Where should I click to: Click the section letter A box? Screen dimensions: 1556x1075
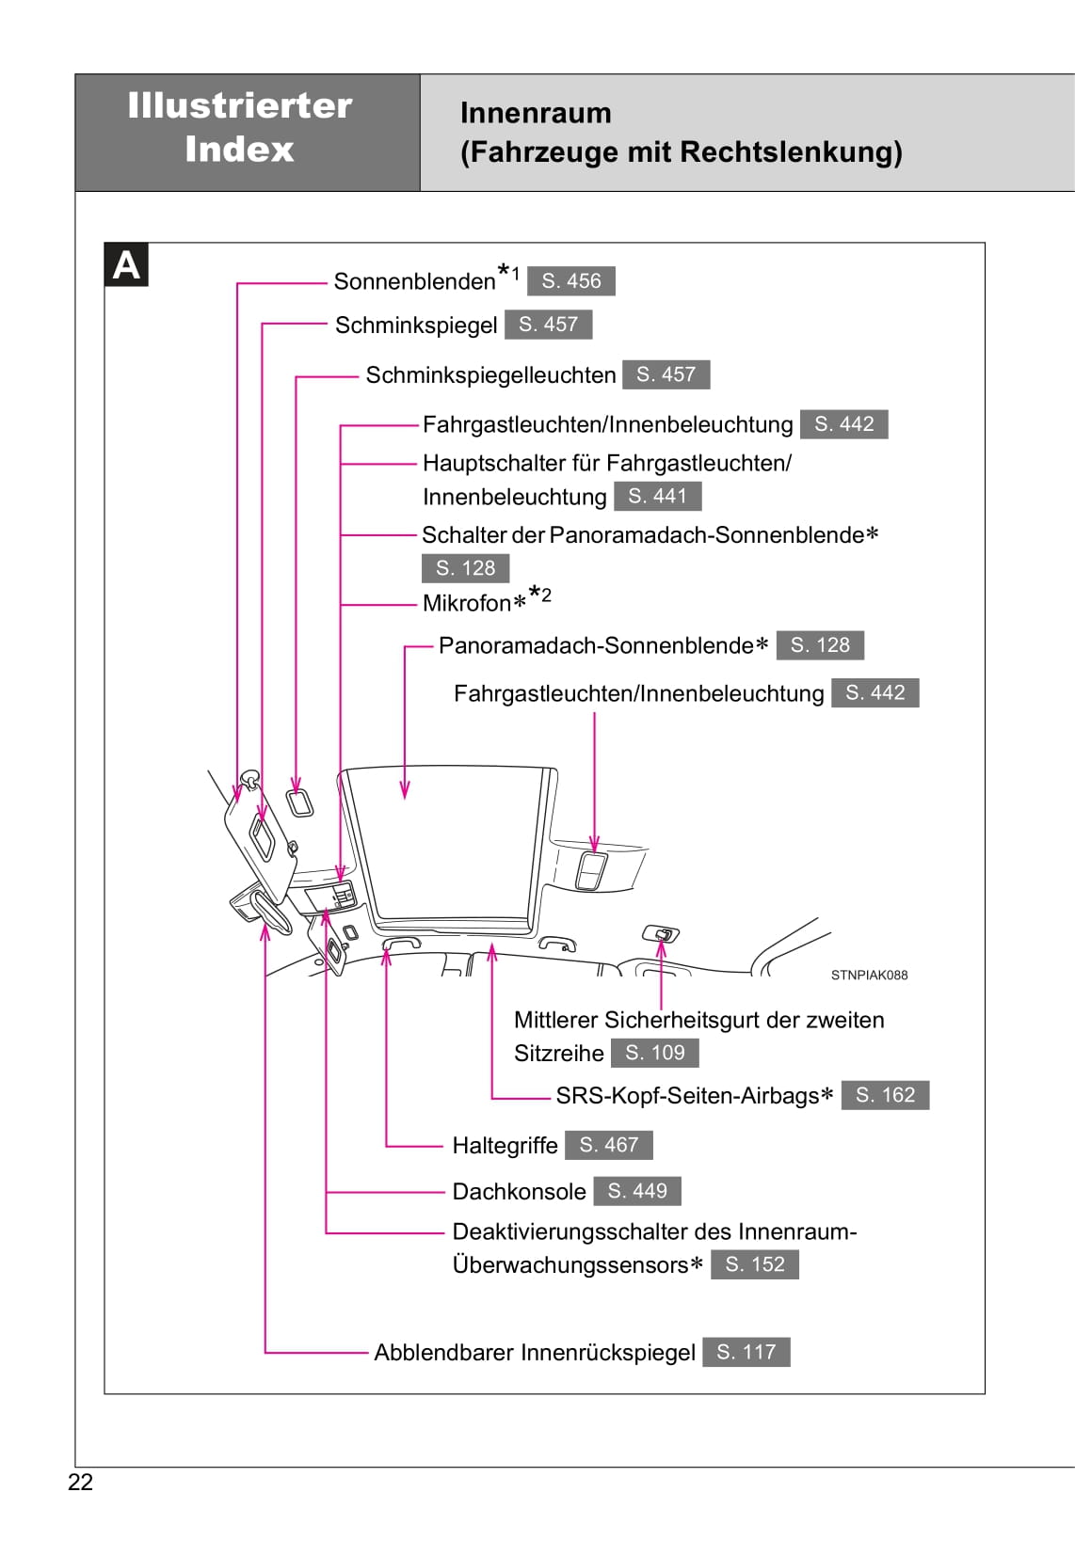click(x=126, y=265)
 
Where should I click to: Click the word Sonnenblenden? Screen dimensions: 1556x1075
click(x=414, y=281)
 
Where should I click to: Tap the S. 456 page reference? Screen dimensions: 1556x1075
click(x=571, y=281)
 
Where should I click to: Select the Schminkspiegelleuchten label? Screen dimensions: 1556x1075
click(x=490, y=375)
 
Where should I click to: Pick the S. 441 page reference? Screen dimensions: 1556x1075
click(x=658, y=496)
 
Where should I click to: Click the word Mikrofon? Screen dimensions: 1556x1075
click(x=466, y=603)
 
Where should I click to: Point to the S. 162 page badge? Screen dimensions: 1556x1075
click(x=885, y=1095)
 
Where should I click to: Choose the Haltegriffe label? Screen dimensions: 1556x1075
click(x=505, y=1146)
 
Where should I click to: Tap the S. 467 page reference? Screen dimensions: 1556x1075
click(x=609, y=1145)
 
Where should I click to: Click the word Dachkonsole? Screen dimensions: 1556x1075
click(x=519, y=1192)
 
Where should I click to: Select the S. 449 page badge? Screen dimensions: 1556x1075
click(x=637, y=1191)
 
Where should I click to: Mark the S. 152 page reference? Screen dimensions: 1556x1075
click(x=755, y=1264)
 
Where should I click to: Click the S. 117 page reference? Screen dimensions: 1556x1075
click(x=746, y=1352)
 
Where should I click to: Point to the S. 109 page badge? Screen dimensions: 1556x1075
click(x=655, y=1053)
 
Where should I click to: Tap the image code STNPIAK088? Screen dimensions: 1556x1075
click(x=869, y=976)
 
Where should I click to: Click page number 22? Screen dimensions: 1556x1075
click(x=81, y=1483)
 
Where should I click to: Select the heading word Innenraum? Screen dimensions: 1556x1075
click(x=536, y=113)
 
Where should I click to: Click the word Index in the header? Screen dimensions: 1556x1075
click(x=239, y=150)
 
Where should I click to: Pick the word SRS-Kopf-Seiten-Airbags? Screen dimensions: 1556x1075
click(x=687, y=1096)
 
